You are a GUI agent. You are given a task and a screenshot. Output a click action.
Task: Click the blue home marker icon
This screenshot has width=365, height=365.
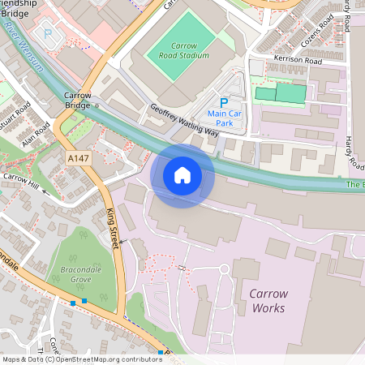tap(182, 175)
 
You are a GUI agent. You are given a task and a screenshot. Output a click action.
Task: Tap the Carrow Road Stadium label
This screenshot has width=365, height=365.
tap(178, 50)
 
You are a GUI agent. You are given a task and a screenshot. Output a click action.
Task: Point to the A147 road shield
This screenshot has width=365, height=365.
tap(78, 157)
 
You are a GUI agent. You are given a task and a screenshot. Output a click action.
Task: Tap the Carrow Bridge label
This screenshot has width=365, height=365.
tap(77, 100)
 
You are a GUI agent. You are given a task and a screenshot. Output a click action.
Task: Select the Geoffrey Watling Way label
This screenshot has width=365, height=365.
tap(184, 120)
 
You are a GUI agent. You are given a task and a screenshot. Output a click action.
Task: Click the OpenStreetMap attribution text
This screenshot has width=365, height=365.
tap(81, 359)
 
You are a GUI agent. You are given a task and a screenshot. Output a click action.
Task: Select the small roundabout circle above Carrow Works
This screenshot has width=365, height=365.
tap(224, 268)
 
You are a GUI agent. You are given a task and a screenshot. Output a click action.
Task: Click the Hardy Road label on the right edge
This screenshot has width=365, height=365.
tap(354, 152)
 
